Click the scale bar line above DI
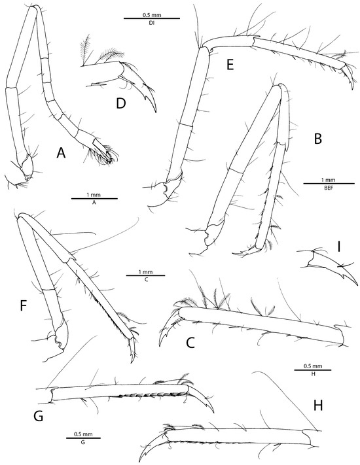click(x=152, y=19)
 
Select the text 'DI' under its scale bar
click(x=152, y=24)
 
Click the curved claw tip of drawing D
click(x=156, y=112)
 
